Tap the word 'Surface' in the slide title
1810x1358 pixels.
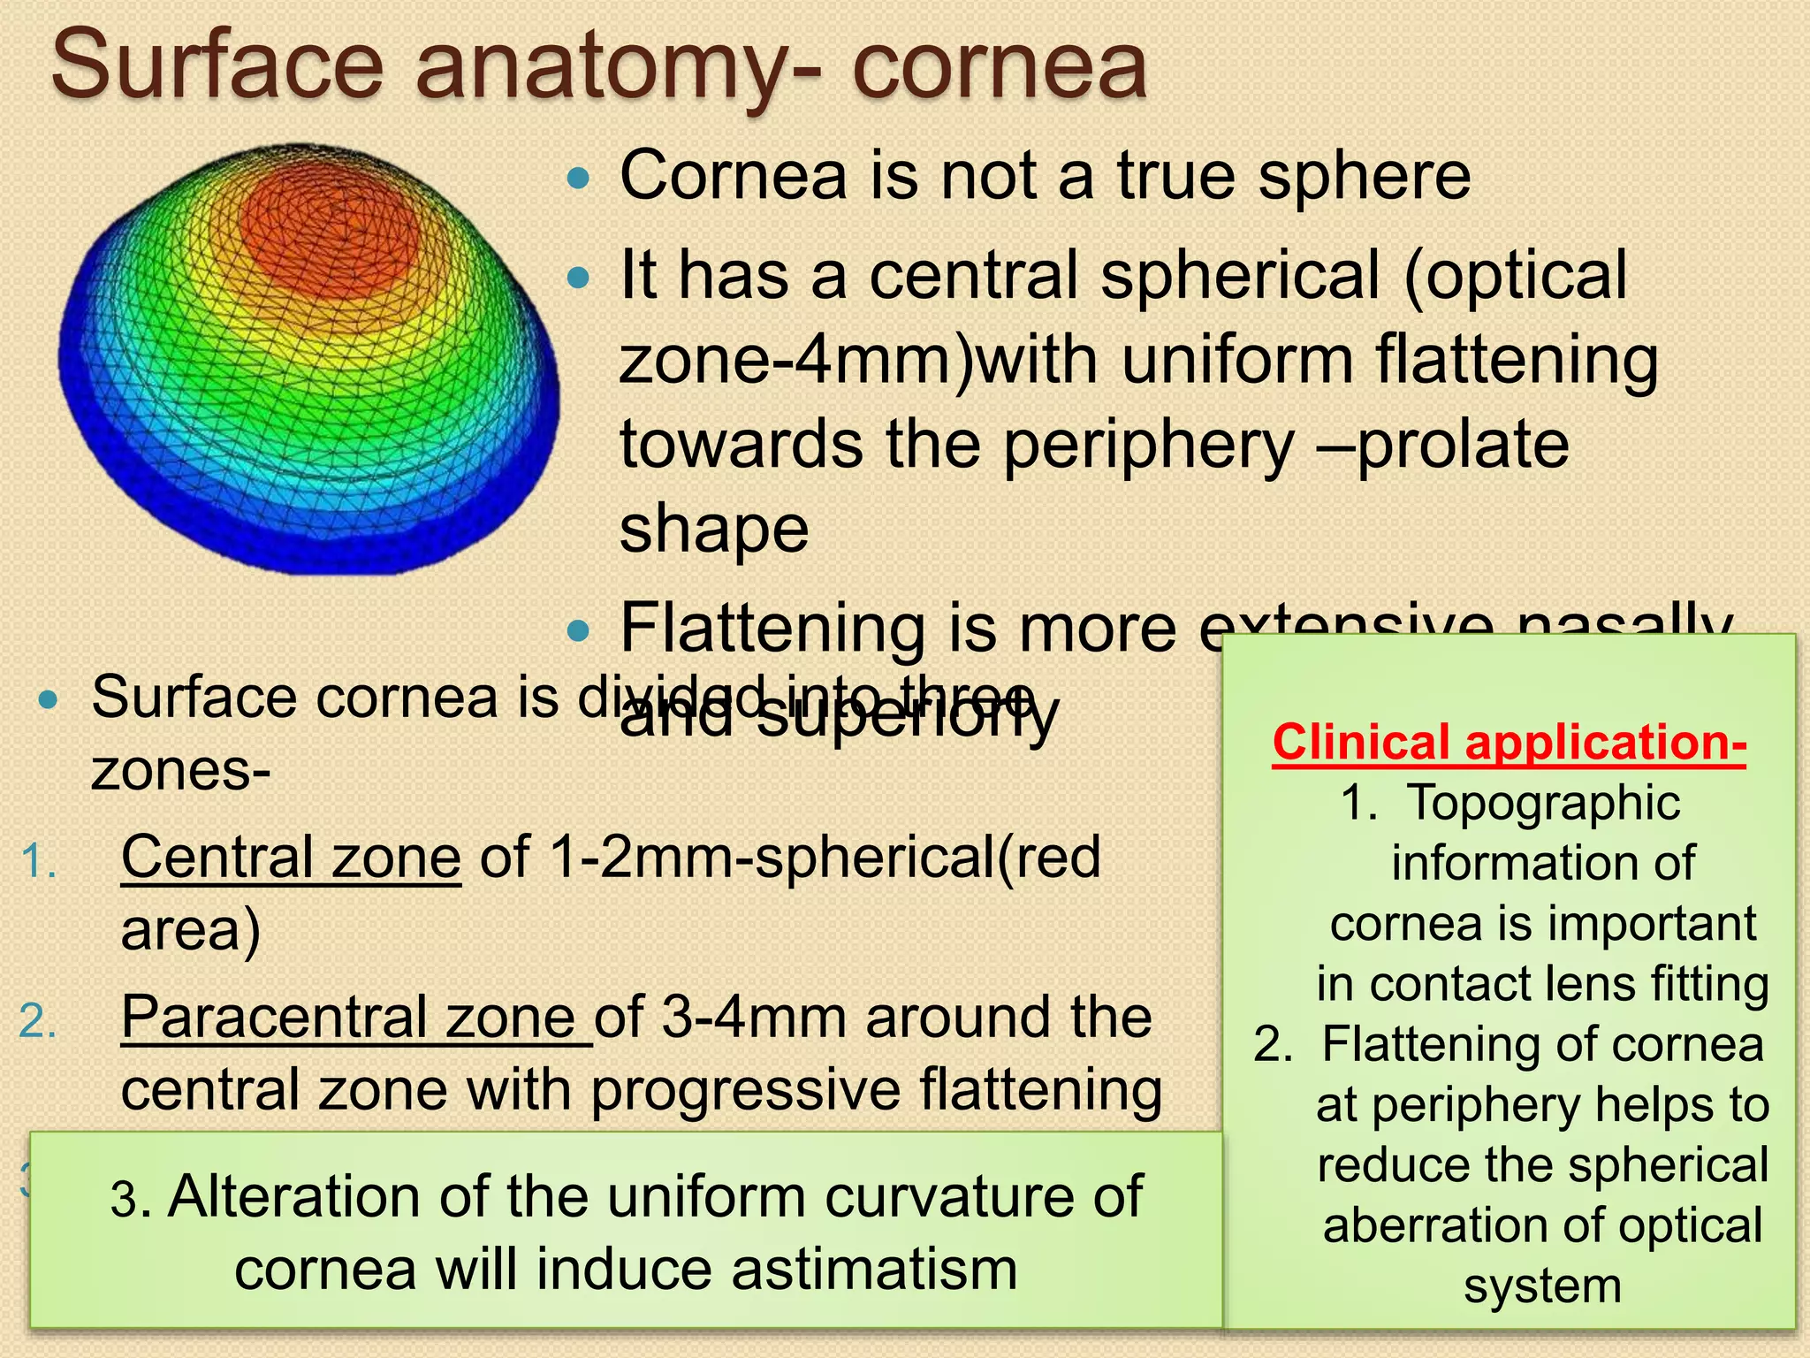(x=217, y=66)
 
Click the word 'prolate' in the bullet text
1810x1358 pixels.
(x=1463, y=445)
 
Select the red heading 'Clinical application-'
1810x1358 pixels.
(x=1509, y=743)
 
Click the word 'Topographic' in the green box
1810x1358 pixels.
(x=1542, y=804)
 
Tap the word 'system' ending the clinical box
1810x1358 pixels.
(x=1542, y=1286)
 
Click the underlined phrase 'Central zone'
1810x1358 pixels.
(x=291, y=858)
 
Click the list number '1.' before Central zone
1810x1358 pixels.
(x=39, y=861)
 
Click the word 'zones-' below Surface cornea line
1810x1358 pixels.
(x=180, y=771)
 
